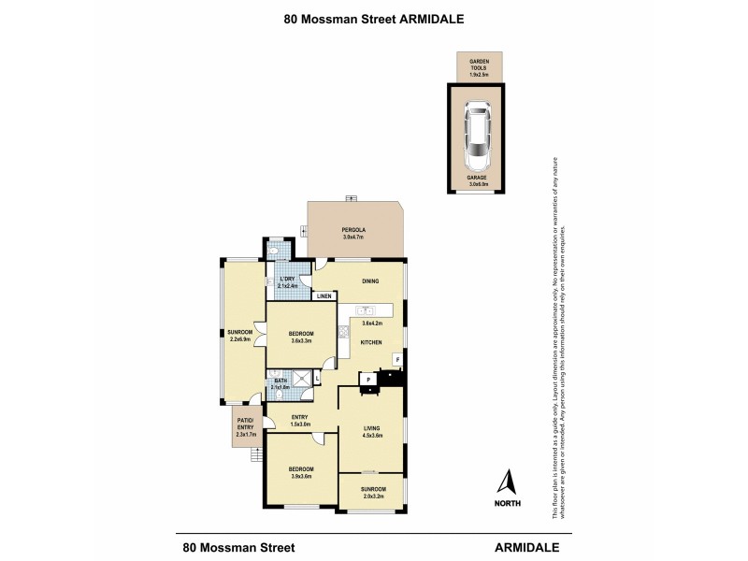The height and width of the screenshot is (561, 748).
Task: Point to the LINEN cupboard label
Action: coord(324,296)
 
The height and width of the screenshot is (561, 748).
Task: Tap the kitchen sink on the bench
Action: coord(366,310)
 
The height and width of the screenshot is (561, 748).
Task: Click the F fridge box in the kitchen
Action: coord(396,359)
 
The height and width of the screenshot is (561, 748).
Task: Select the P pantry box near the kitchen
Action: coord(369,379)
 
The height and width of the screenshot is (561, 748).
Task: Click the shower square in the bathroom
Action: coord(301,378)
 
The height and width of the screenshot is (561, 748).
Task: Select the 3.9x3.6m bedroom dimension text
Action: coord(300,477)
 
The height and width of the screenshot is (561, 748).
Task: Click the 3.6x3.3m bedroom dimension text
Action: coord(300,340)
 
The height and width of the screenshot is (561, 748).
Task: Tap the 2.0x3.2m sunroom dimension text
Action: coord(372,494)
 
